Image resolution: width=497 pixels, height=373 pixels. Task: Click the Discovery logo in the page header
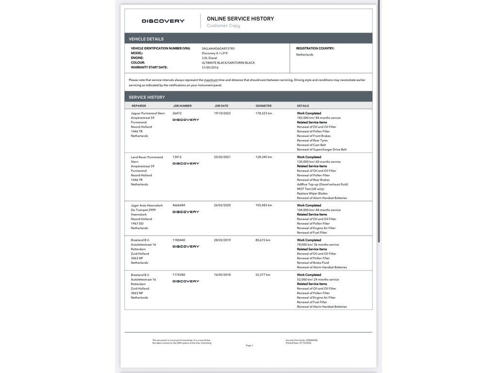click(163, 21)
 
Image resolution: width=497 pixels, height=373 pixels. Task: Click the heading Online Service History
click(240, 18)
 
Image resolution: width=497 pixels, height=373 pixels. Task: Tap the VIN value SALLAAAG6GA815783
click(218, 49)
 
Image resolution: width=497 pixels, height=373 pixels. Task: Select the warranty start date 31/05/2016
click(210, 68)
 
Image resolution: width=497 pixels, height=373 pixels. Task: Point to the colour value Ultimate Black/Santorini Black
click(228, 63)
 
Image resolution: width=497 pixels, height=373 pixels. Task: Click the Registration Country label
click(315, 49)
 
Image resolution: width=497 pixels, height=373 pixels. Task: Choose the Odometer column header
click(264, 106)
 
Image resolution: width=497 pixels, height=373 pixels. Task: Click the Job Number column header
click(182, 106)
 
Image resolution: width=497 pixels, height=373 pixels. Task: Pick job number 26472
click(177, 113)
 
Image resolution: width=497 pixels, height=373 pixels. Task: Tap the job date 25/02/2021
click(222, 157)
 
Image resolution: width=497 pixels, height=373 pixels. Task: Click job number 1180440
click(179, 240)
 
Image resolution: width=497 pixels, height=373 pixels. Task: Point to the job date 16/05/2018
click(222, 275)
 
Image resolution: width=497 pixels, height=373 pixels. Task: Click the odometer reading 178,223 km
click(264, 113)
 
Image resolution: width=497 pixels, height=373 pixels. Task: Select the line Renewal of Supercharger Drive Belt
click(322, 150)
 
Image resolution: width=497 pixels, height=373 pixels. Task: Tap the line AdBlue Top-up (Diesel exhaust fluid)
click(322, 185)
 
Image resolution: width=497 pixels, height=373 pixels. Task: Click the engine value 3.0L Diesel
click(210, 58)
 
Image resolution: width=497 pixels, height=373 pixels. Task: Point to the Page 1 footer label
click(249, 345)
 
